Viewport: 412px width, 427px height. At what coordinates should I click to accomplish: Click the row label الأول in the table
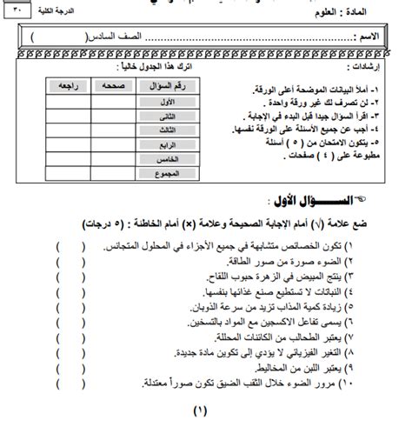coord(162,102)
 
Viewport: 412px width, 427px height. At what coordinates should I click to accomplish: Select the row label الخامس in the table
coord(162,160)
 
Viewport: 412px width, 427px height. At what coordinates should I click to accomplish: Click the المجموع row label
coord(162,174)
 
